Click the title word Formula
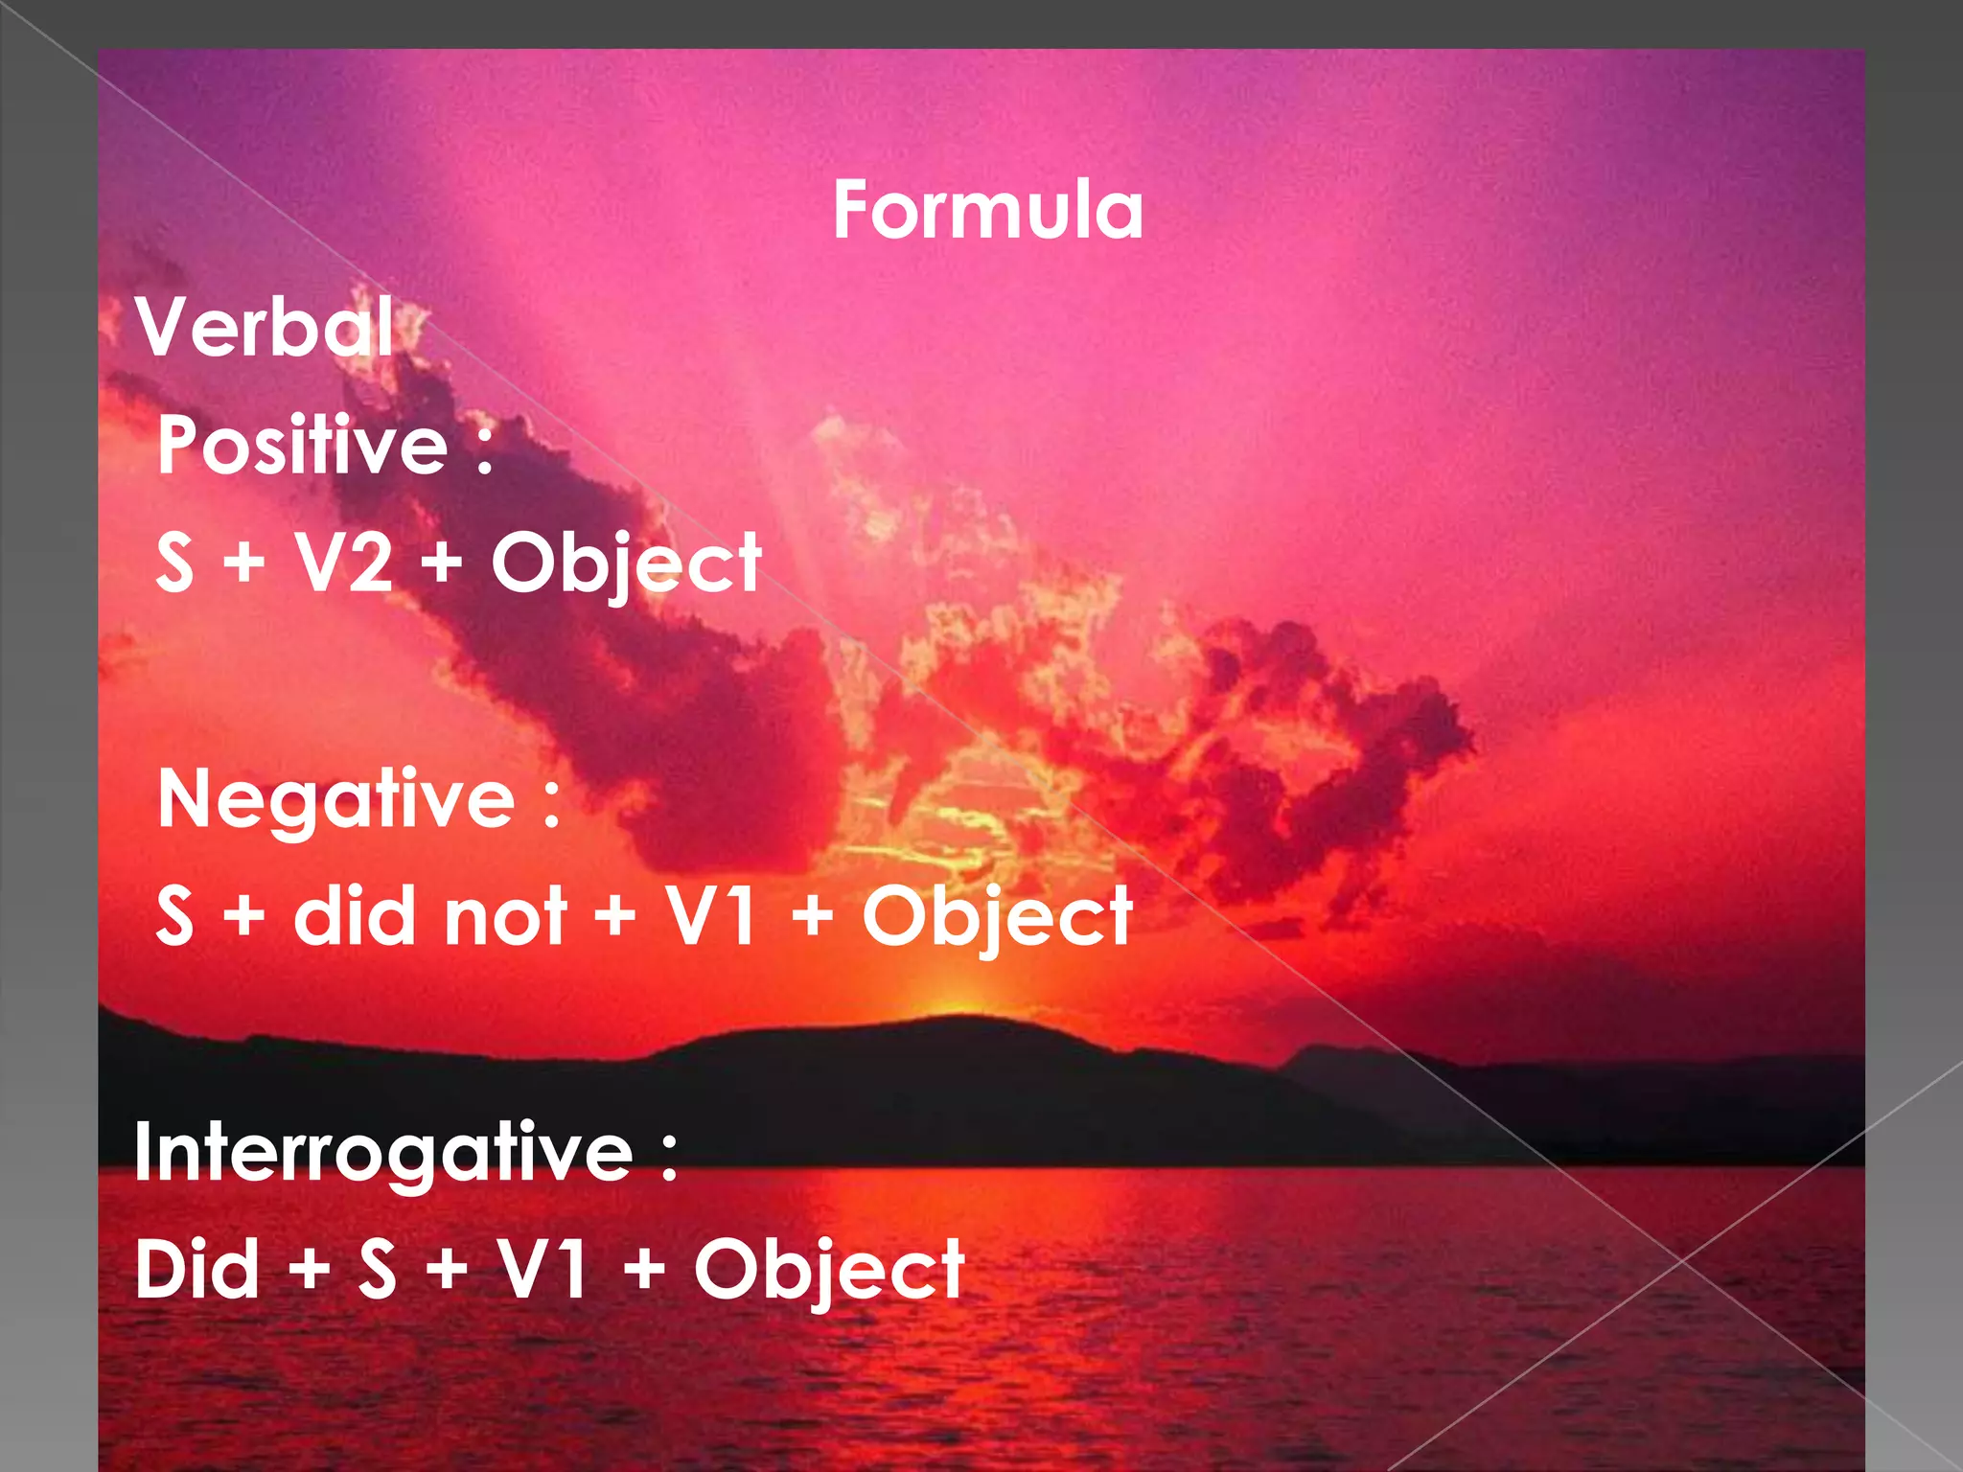(987, 211)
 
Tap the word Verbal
(265, 327)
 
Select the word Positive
(303, 445)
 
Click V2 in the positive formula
(343, 563)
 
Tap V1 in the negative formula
(710, 916)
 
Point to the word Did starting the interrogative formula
(197, 1269)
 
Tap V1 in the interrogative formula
(542, 1269)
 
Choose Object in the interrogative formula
(829, 1271)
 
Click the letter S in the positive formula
(174, 563)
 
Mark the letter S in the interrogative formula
(377, 1269)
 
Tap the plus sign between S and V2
(244, 563)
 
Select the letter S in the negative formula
(174, 916)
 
